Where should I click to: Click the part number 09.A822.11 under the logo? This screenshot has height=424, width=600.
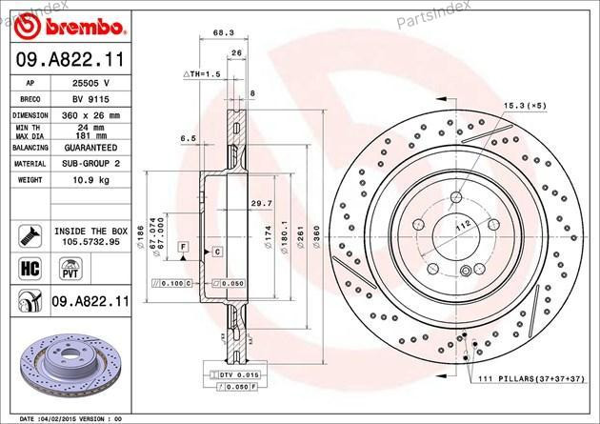click(68, 60)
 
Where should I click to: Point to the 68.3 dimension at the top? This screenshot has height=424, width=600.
click(223, 32)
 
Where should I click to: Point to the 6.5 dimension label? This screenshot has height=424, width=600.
click(187, 138)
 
